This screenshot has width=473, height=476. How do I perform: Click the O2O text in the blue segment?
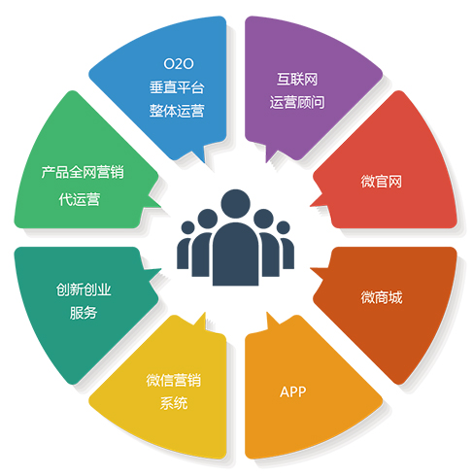point(179,64)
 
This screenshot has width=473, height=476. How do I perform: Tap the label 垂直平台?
point(177,87)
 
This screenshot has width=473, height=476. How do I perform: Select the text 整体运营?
point(177,111)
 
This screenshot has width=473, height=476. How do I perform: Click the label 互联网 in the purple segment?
point(297,80)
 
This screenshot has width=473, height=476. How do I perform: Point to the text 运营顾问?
point(297,102)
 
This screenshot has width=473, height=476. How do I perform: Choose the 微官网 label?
point(382,182)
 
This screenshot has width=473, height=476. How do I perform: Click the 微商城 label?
point(382,297)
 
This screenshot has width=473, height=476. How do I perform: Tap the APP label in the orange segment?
point(293,391)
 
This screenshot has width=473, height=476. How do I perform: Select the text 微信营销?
point(174,380)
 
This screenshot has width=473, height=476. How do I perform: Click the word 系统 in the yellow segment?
point(174,403)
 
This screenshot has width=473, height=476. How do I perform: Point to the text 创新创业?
point(84,289)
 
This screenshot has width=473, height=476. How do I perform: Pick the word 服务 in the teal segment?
point(84,313)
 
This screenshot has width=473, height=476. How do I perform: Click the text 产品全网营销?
point(83,172)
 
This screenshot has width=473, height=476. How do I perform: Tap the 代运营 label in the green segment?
point(80,199)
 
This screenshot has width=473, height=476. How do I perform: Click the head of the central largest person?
point(235,204)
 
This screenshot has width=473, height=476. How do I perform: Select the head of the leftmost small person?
point(187,227)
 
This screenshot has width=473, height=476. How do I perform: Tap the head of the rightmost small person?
point(284,227)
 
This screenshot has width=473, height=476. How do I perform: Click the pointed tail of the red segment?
point(311,206)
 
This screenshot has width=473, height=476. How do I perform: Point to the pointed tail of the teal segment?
point(160,269)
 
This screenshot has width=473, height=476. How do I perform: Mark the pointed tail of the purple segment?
point(266,161)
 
